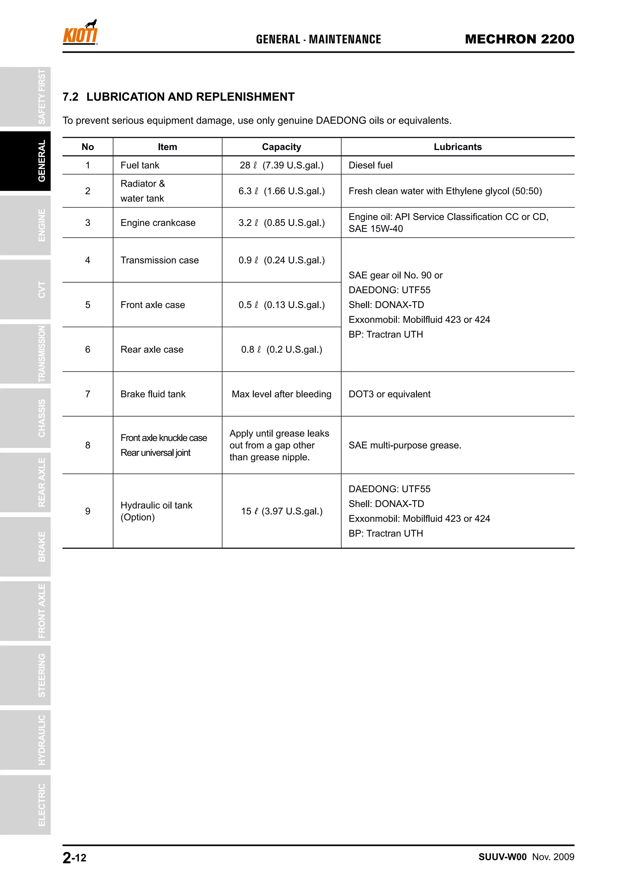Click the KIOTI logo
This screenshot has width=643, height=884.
point(80,33)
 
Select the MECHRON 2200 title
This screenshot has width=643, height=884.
point(519,39)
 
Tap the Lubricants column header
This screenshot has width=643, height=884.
point(457,147)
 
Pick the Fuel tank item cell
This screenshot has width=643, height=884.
point(140,165)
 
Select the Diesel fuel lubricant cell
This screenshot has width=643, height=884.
point(370,165)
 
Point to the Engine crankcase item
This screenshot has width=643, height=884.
point(158,223)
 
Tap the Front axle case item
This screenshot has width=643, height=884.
point(153,305)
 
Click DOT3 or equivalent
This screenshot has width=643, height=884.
point(389,394)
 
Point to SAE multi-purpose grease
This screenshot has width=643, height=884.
point(405,445)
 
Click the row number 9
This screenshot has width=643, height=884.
point(88,511)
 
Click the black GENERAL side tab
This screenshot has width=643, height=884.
point(25,161)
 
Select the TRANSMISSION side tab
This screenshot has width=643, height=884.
point(25,354)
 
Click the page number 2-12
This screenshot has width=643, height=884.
point(74,858)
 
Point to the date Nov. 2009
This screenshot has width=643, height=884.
point(553,857)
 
